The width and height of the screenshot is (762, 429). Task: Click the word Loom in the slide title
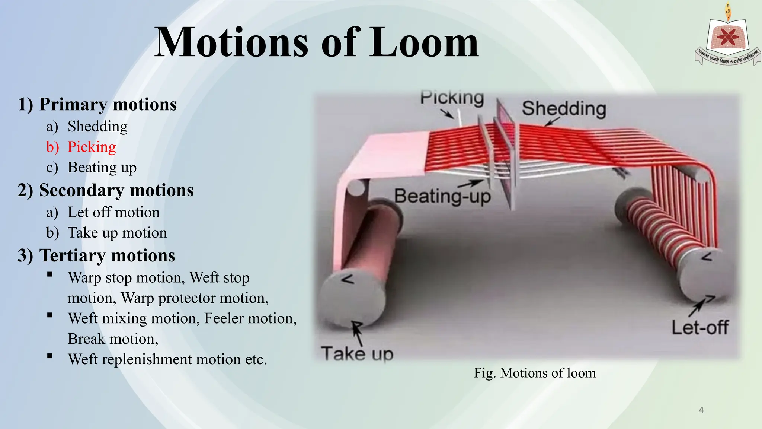click(424, 43)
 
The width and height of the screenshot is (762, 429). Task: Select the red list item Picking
click(92, 147)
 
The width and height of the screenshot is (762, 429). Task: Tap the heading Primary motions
click(108, 105)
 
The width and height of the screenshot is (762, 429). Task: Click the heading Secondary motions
click(116, 190)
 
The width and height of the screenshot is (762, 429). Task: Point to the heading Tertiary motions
click(107, 256)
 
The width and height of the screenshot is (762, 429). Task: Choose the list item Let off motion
click(113, 212)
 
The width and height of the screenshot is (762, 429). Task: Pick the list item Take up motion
click(117, 233)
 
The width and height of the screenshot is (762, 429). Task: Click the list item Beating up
click(102, 168)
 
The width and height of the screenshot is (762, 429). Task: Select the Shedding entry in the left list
click(97, 127)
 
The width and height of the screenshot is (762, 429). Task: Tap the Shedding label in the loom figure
click(564, 109)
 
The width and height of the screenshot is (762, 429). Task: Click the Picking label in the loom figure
click(452, 98)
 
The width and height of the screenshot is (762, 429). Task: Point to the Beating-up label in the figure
click(442, 196)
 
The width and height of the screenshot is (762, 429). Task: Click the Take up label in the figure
click(357, 353)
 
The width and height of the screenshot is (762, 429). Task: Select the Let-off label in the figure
click(700, 328)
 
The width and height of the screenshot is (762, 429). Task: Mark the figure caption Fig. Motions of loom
click(535, 373)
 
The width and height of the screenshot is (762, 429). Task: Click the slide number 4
click(701, 410)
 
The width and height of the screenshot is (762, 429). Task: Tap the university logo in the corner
click(727, 37)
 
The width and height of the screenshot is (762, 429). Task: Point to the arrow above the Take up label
click(358, 333)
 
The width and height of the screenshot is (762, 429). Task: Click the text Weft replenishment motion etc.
click(167, 359)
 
